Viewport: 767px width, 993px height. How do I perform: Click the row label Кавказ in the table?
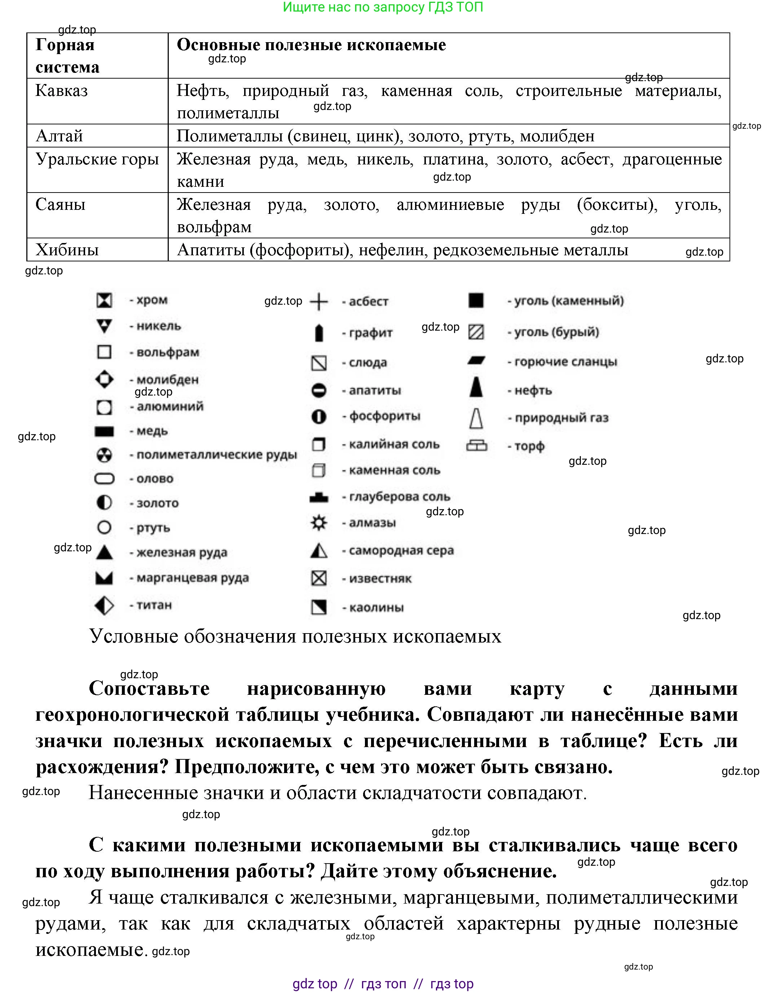tap(61, 91)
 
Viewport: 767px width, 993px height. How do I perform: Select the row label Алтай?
tap(59, 136)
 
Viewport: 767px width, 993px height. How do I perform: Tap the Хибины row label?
tap(67, 250)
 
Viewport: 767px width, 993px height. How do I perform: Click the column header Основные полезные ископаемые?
tap(311, 45)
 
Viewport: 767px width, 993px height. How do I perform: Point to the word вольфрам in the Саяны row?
tap(214, 227)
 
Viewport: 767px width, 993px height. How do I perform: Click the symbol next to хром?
tap(104, 300)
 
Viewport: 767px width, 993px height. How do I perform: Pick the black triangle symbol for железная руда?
tap(105, 552)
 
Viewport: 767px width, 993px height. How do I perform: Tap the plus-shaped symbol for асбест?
tap(319, 301)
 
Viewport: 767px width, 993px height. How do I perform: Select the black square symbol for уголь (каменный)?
tap(476, 301)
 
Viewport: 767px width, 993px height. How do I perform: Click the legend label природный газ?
tap(561, 418)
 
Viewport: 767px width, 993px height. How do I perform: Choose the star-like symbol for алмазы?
tap(319, 523)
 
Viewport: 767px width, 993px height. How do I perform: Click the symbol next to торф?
tap(476, 446)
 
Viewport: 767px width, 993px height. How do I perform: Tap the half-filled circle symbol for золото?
tap(104, 503)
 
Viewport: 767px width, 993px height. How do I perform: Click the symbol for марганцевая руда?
tap(104, 578)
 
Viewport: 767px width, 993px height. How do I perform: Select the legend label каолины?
tap(376, 608)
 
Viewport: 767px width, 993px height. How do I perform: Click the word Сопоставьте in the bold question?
tap(149, 688)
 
